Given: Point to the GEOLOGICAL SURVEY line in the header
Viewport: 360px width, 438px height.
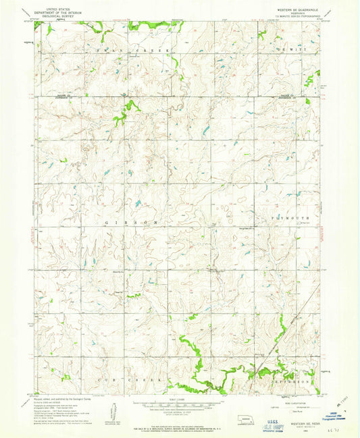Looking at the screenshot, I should tap(60, 16).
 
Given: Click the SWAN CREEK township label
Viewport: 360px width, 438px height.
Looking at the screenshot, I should tap(126, 51).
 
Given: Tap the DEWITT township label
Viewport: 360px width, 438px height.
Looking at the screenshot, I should tap(292, 51).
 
